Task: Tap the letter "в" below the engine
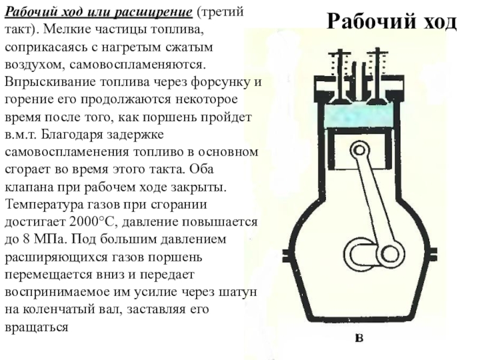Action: (359, 338)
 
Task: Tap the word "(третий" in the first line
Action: (222, 13)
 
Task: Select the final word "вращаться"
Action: (36, 327)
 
